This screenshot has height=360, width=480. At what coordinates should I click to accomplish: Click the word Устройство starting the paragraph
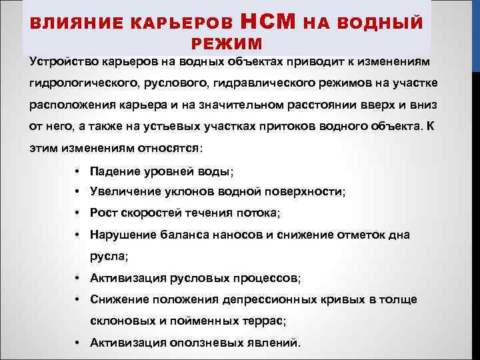63,61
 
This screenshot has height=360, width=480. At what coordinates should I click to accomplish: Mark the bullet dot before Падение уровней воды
78,171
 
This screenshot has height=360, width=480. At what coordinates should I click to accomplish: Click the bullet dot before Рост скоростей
78,213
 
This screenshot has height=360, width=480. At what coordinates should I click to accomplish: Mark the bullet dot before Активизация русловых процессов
78,278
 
